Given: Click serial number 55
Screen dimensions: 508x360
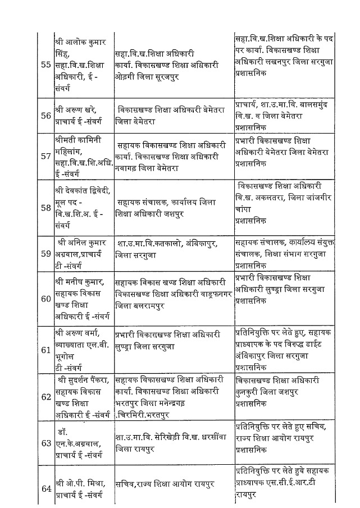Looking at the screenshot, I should point(47,65).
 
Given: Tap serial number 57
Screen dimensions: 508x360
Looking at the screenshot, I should point(47,155).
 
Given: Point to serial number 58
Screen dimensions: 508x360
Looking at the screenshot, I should point(47,207).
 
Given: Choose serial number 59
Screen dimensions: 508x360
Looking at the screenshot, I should point(47,253).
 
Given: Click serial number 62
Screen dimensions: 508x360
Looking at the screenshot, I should point(47,397).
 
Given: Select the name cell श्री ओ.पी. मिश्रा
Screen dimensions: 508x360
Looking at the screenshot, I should point(83,487).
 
